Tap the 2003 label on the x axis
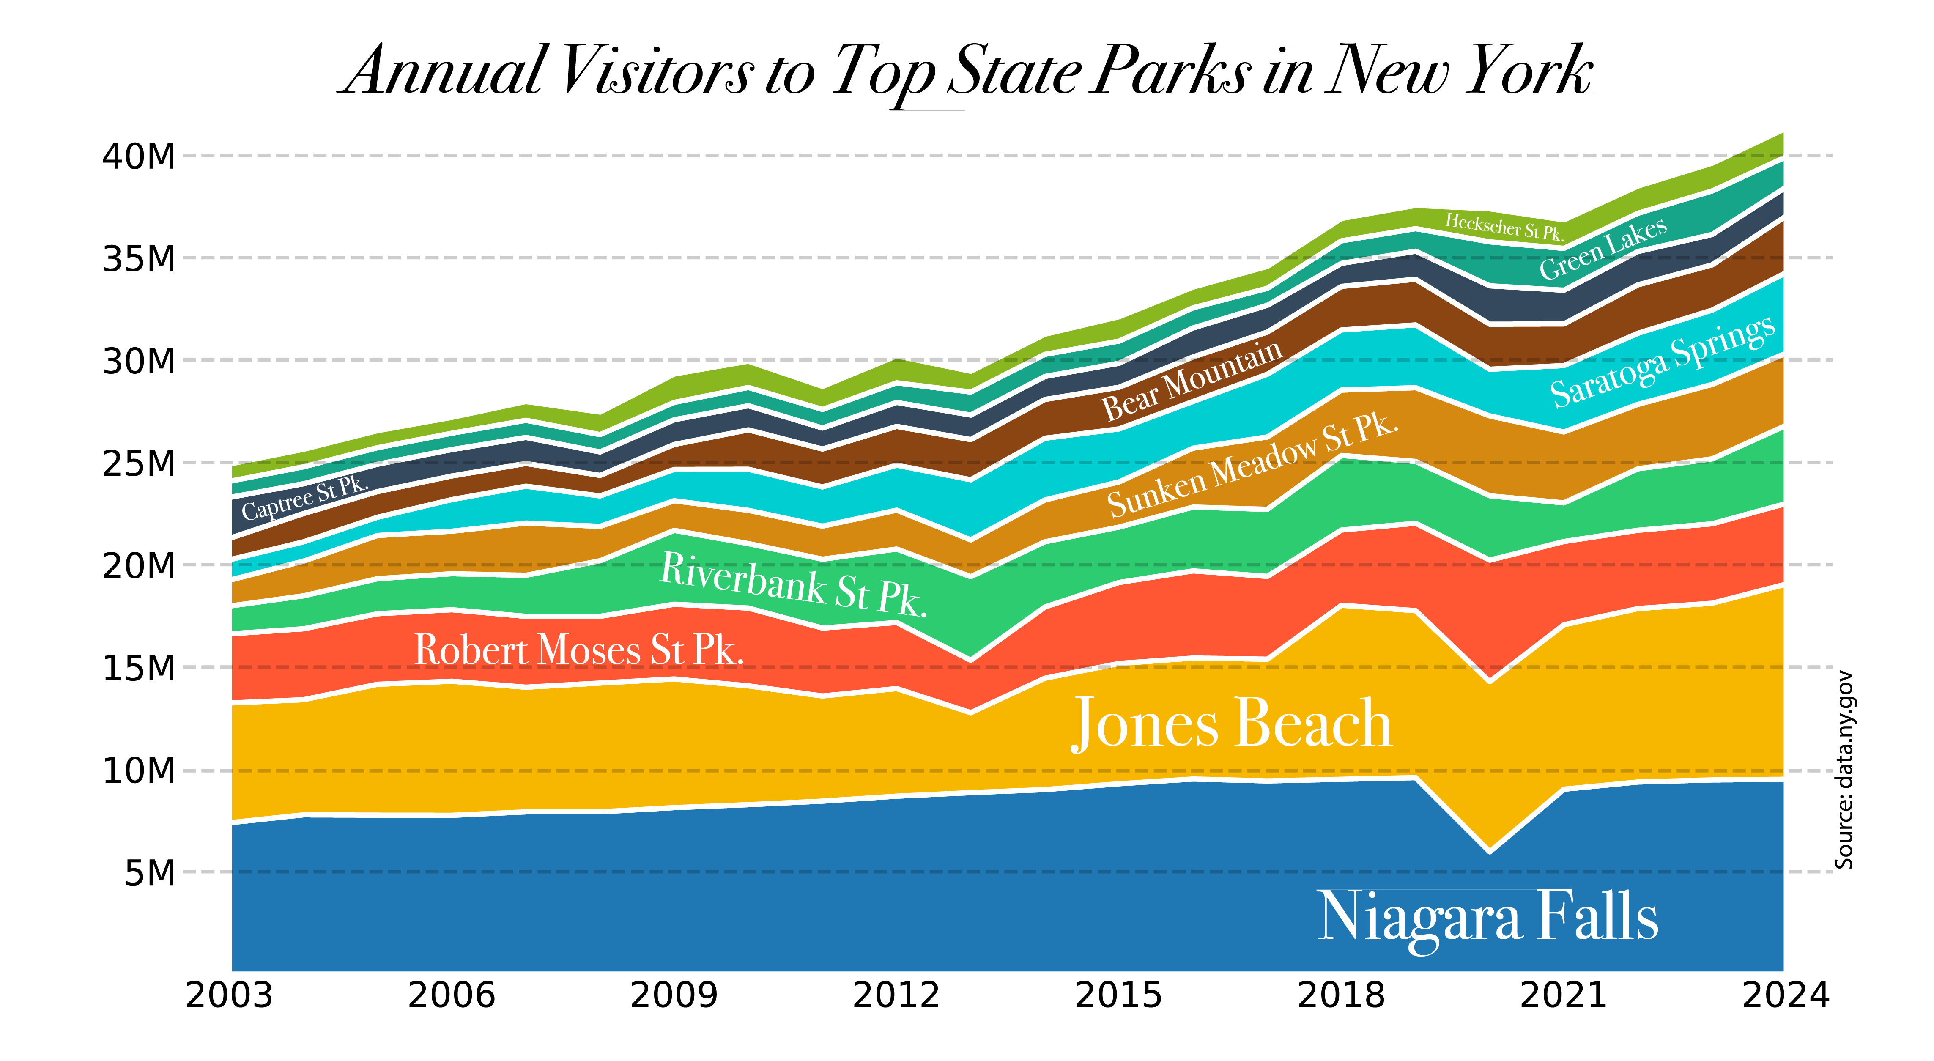pos(229,996)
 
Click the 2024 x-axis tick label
pos(1785,996)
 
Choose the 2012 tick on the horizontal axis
pos(896,996)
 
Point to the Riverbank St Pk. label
pos(793,584)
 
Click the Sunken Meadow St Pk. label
pos(1252,466)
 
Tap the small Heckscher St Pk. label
pos(1504,226)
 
